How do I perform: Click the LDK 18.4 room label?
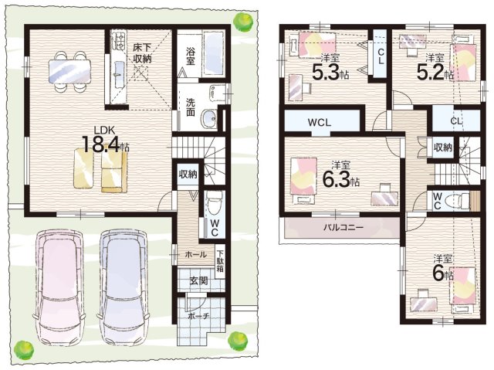coord(105,141)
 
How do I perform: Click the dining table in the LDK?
coord(69,72)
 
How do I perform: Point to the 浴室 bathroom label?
coord(190,56)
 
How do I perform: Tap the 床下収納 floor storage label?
coord(141,53)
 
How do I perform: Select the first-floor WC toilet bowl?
coord(215,201)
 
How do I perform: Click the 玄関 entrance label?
coord(198,280)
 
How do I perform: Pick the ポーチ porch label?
coord(198,316)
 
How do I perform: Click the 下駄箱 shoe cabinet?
coord(220,261)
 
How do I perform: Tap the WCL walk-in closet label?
coord(320,123)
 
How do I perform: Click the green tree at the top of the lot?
coord(243,21)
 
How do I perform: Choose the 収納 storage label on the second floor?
coord(443,148)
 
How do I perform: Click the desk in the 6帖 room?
coord(424,302)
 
